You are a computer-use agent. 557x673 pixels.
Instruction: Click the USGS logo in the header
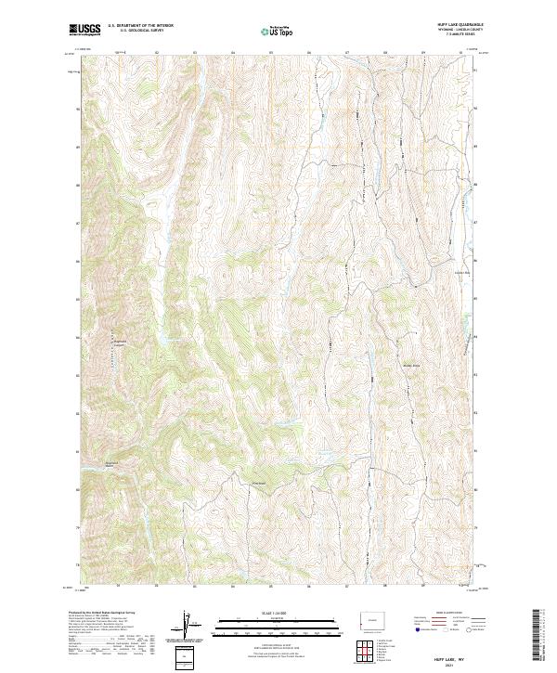click(84, 30)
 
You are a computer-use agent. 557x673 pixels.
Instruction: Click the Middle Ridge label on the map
click(410, 365)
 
